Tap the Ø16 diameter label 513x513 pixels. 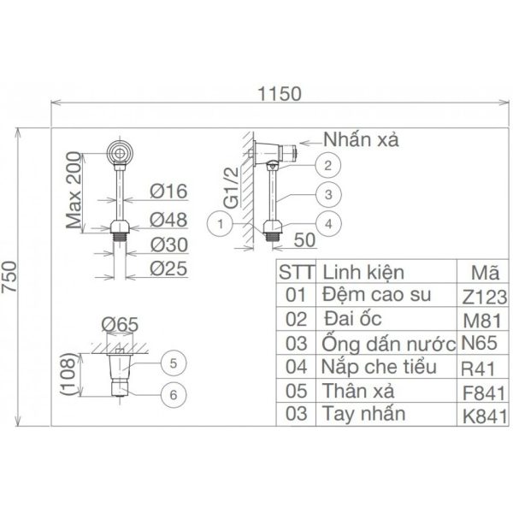coord(168,190)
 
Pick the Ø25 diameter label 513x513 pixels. coord(168,269)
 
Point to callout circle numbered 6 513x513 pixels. coord(172,394)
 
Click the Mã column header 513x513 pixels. coord(485,273)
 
